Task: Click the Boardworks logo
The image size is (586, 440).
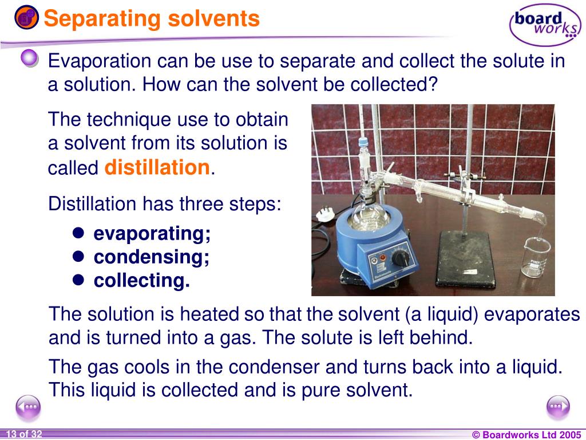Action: coord(544,24)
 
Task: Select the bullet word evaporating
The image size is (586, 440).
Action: coord(152,234)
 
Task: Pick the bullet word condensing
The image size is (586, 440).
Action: coord(152,257)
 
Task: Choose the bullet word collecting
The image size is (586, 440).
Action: coord(142,281)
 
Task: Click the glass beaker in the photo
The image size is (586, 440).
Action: coord(536,259)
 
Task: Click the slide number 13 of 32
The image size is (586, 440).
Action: coord(23,434)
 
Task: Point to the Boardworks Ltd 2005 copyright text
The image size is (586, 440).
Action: coord(526,435)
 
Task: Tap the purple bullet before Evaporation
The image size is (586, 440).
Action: coord(30,58)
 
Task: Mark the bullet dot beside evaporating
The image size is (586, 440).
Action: coord(79,233)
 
